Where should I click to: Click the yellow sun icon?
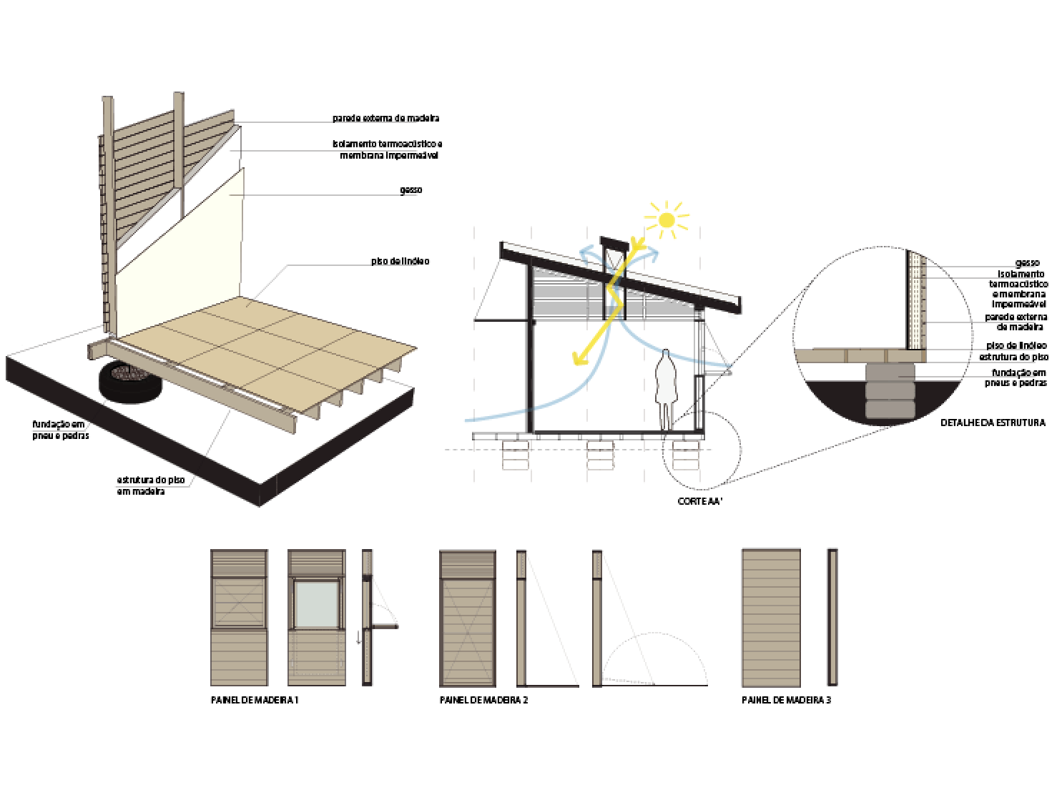click(x=667, y=219)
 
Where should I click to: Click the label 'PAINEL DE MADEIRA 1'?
click(x=254, y=701)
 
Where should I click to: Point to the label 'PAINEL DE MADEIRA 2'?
click(x=483, y=701)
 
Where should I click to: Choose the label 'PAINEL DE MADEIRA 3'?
click(x=786, y=701)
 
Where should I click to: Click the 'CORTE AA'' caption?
click(x=700, y=501)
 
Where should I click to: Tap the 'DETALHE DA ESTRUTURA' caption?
click(x=993, y=423)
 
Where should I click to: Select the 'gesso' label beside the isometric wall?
click(x=410, y=190)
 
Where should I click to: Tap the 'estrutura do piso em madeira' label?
click(x=151, y=485)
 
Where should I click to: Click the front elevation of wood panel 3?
click(x=771, y=617)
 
